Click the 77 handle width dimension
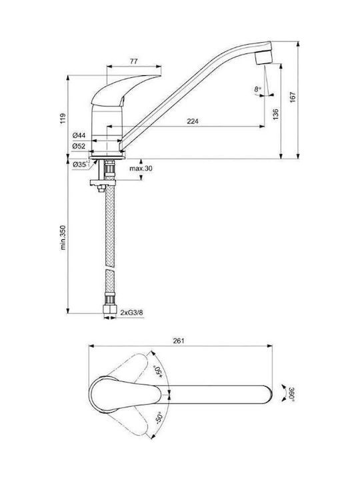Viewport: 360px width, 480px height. click(133, 61)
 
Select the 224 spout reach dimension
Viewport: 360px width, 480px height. click(193, 121)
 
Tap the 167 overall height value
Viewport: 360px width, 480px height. click(293, 97)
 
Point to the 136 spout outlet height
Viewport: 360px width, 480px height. click(276, 114)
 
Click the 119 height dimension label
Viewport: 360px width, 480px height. click(63, 118)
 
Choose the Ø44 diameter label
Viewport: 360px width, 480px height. click(79, 135)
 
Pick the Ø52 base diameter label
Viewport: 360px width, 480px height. click(79, 146)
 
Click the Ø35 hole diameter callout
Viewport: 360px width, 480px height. click(81, 165)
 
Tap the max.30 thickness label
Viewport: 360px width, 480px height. click(141, 169)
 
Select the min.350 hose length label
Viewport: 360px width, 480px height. click(63, 237)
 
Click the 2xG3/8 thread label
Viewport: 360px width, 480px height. click(131, 313)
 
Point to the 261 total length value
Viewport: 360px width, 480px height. click(179, 341)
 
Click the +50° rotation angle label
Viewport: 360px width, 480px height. click(158, 371)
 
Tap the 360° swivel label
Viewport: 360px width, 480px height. click(292, 394)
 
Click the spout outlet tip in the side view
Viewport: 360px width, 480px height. click(264, 63)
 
